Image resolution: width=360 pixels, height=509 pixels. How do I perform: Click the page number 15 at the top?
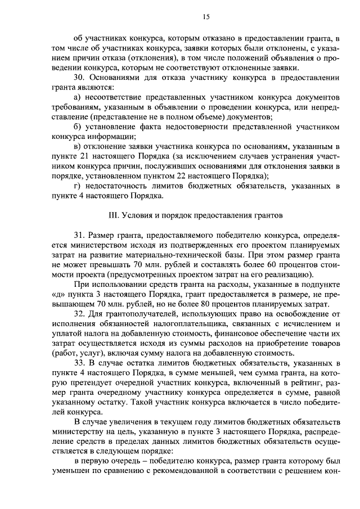(x=206, y=17)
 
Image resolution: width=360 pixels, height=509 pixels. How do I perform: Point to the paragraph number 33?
(x=79, y=362)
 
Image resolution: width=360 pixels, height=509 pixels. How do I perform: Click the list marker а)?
(x=78, y=98)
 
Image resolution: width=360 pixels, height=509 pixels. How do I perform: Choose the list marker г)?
(x=77, y=186)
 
